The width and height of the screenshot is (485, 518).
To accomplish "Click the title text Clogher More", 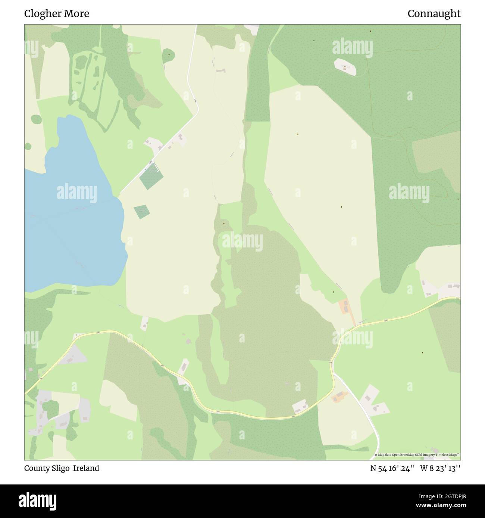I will click(x=57, y=14).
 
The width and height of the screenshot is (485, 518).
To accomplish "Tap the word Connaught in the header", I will click(x=434, y=14).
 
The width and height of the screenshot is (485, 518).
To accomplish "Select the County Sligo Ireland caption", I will click(x=62, y=468).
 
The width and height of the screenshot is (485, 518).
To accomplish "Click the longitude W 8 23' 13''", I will click(x=440, y=468).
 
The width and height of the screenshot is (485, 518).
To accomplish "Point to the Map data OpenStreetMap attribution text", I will click(x=418, y=455).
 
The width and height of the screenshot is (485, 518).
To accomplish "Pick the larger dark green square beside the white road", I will click(x=151, y=175).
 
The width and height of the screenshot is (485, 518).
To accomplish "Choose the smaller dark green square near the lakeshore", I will click(x=141, y=212).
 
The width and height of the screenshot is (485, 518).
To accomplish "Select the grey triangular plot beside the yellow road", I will click(x=73, y=355).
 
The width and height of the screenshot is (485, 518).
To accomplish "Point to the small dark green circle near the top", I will click(x=169, y=55).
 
